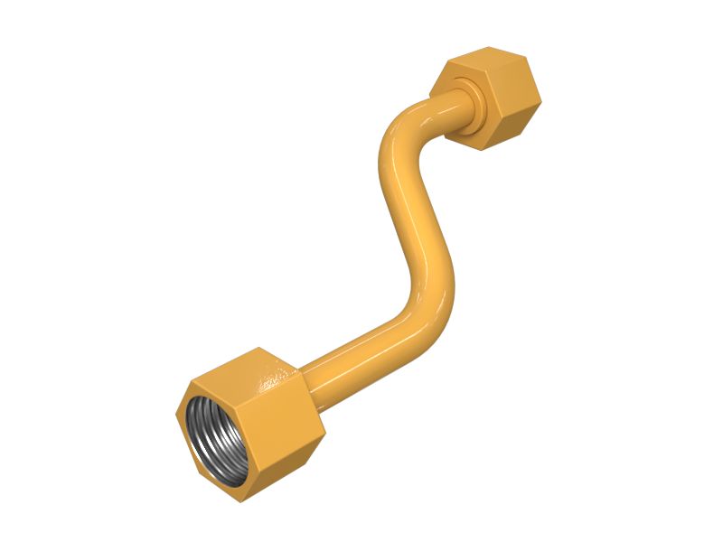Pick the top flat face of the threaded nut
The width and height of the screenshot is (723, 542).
(249, 370)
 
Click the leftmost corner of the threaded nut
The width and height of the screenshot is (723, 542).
(177, 418)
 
